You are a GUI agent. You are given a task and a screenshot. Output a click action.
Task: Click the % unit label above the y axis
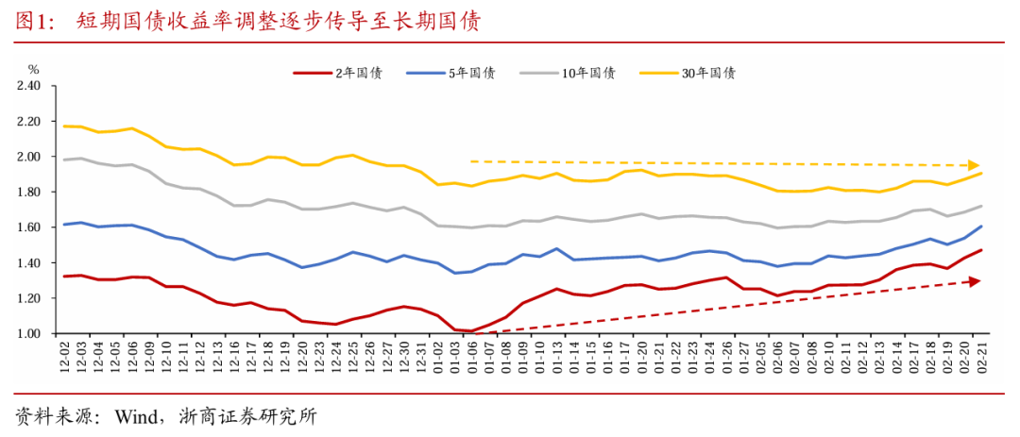pyautogui.click(x=33, y=69)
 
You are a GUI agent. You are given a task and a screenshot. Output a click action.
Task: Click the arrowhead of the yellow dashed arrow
pyautogui.click(x=975, y=165)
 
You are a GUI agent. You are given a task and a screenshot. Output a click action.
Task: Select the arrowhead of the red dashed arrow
pyautogui.click(x=975, y=281)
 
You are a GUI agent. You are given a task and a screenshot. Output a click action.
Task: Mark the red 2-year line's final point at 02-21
pyautogui.click(x=982, y=250)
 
